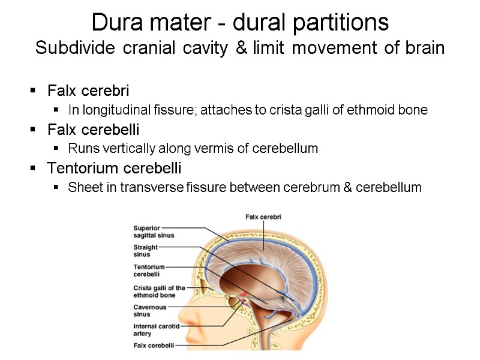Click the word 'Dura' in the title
click(112, 23)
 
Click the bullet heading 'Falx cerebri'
click(88, 91)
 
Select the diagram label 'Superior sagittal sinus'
click(154, 232)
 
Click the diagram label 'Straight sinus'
click(146, 250)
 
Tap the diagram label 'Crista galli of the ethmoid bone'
click(159, 291)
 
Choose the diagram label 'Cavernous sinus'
click(150, 310)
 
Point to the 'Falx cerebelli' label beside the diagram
click(154, 345)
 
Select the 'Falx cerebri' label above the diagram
click(263, 217)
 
